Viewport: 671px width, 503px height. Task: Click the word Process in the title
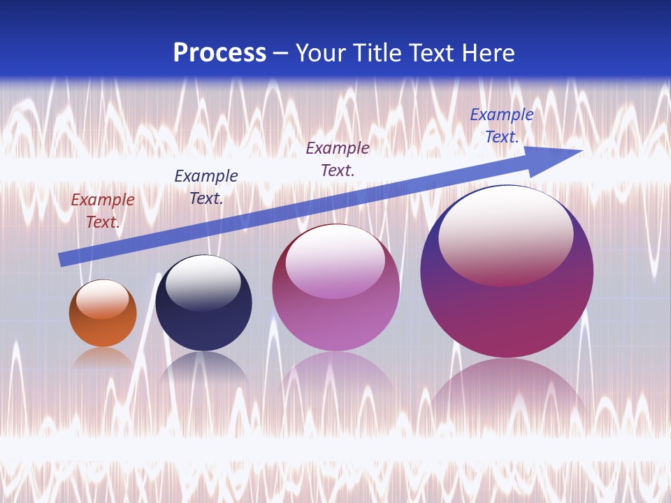click(x=219, y=53)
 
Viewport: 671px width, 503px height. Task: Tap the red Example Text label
click(x=103, y=211)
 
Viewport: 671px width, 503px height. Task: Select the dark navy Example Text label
click(x=206, y=187)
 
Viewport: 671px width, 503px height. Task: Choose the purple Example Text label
click(x=338, y=159)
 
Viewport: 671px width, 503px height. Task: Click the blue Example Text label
click(x=501, y=126)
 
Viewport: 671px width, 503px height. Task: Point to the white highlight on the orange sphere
click(x=103, y=299)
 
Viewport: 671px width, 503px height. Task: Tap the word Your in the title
click(x=319, y=53)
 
